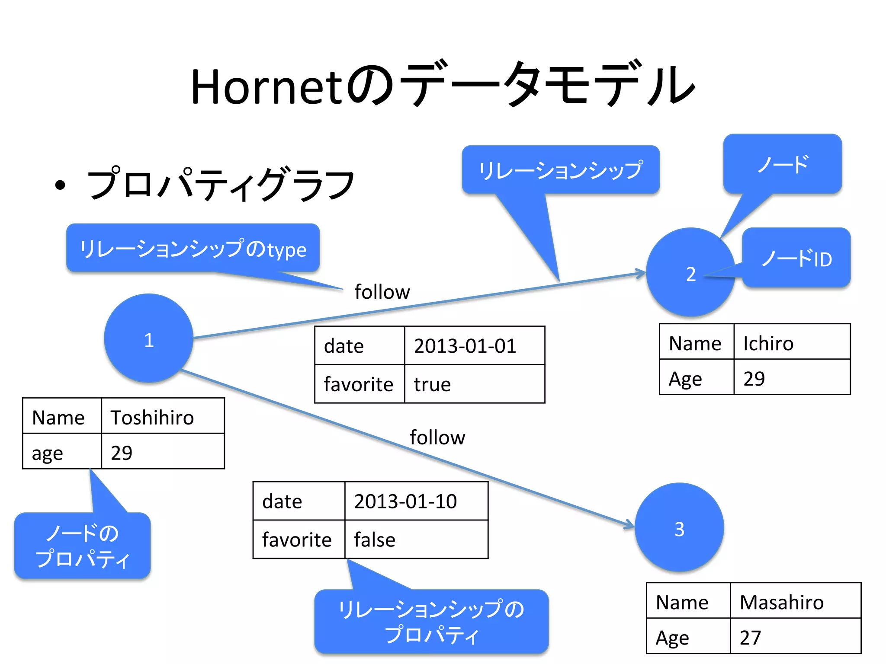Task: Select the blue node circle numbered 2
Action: pos(690,273)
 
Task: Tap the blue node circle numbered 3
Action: pos(679,528)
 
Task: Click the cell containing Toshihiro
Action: pos(163,417)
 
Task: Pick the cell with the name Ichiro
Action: pos(792,342)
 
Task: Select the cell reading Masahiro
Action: pos(795,601)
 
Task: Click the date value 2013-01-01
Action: pos(474,345)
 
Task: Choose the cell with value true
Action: pos(474,384)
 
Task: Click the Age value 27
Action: pos(795,637)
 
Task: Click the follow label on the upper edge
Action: pos(382,292)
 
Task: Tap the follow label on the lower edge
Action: pos(437,437)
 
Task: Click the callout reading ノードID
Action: pos(796,258)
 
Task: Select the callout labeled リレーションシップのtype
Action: pos(193,248)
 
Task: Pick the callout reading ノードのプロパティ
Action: pos(82,546)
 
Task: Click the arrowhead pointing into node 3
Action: pos(629,525)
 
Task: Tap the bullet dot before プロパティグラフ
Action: pos(60,185)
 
